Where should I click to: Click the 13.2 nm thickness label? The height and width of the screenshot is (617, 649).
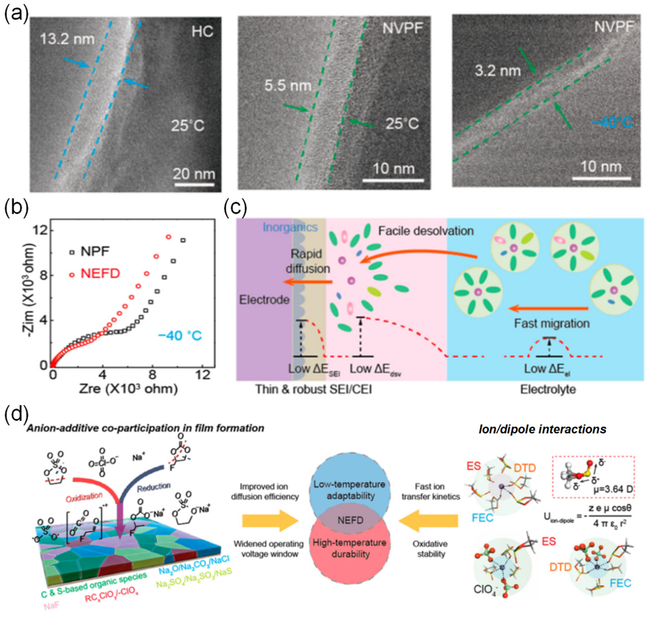pyautogui.click(x=67, y=40)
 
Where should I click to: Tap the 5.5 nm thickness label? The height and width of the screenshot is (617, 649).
pyautogui.click(x=288, y=86)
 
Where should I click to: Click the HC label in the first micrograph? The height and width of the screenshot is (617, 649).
pyautogui.click(x=202, y=32)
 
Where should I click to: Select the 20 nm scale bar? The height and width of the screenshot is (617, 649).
pyautogui.click(x=194, y=184)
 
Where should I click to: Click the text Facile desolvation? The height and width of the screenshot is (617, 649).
pyautogui.click(x=426, y=231)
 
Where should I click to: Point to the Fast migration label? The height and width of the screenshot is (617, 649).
pyautogui.click(x=552, y=324)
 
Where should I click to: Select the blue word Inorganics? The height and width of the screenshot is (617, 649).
pyautogui.click(x=290, y=227)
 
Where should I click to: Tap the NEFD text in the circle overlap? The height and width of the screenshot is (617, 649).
pyautogui.click(x=350, y=520)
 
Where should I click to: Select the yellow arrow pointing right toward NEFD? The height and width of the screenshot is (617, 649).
pyautogui.click(x=270, y=521)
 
